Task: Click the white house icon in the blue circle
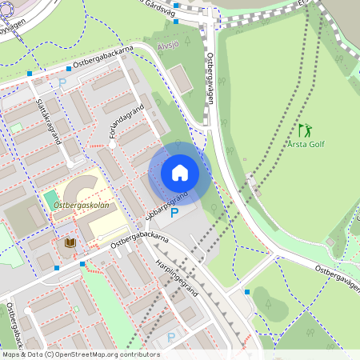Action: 180,173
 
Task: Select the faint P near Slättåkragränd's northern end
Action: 62,82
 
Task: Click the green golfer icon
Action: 305,130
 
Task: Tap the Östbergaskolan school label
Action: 81,206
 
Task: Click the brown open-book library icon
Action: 70,242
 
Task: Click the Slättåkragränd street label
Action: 49,121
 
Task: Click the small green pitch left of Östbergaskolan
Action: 51,197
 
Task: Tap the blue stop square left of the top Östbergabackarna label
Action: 30,74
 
